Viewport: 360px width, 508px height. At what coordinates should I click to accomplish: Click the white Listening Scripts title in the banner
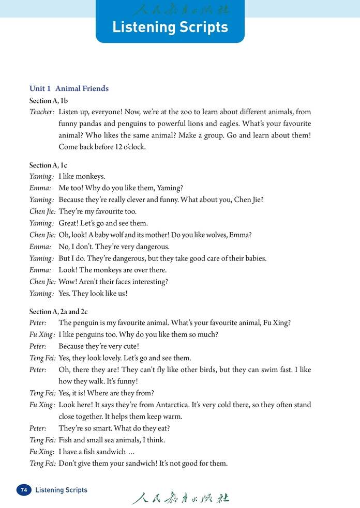pos(170,27)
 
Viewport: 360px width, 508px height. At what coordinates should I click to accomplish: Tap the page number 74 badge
pos(24,490)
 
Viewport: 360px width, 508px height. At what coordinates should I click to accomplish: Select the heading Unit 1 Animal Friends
pos(69,88)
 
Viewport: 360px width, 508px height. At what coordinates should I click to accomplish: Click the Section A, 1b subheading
pos(49,101)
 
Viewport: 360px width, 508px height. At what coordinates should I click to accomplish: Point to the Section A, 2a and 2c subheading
pos(58,312)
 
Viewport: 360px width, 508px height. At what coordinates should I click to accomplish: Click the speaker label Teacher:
pos(42,112)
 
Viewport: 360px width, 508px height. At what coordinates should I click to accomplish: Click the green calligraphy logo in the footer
pos(180,497)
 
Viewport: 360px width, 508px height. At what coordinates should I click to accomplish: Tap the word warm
pos(172,417)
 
